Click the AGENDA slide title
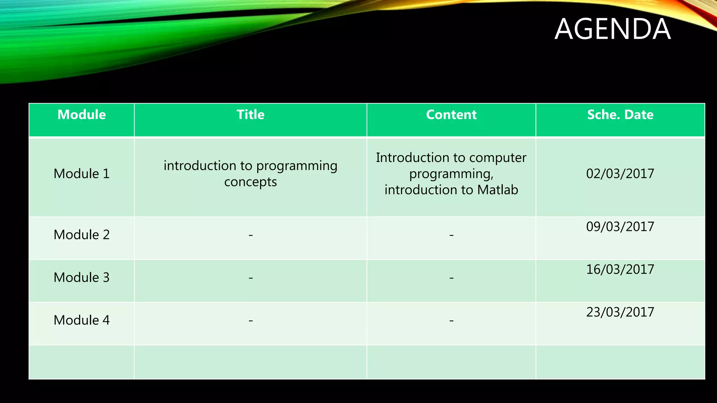pyautogui.click(x=613, y=29)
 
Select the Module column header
pyautogui.click(x=82, y=115)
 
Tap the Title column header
pyautogui.click(x=250, y=115)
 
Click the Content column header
pyautogui.click(x=451, y=115)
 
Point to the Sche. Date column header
pyautogui.click(x=620, y=115)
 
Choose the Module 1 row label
pyautogui.click(x=82, y=174)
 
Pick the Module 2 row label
pyautogui.click(x=82, y=235)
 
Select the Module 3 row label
pyautogui.click(x=82, y=277)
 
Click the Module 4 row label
pyautogui.click(x=82, y=320)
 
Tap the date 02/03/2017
pyautogui.click(x=620, y=174)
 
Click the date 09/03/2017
pyautogui.click(x=620, y=227)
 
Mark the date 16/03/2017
pyautogui.click(x=620, y=269)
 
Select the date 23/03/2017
pyautogui.click(x=620, y=312)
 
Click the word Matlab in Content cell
pyautogui.click(x=497, y=190)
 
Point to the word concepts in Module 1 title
pyautogui.click(x=250, y=182)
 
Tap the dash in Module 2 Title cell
pyautogui.click(x=251, y=235)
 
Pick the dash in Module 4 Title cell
pyautogui.click(x=251, y=320)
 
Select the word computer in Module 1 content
pyautogui.click(x=497, y=158)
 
